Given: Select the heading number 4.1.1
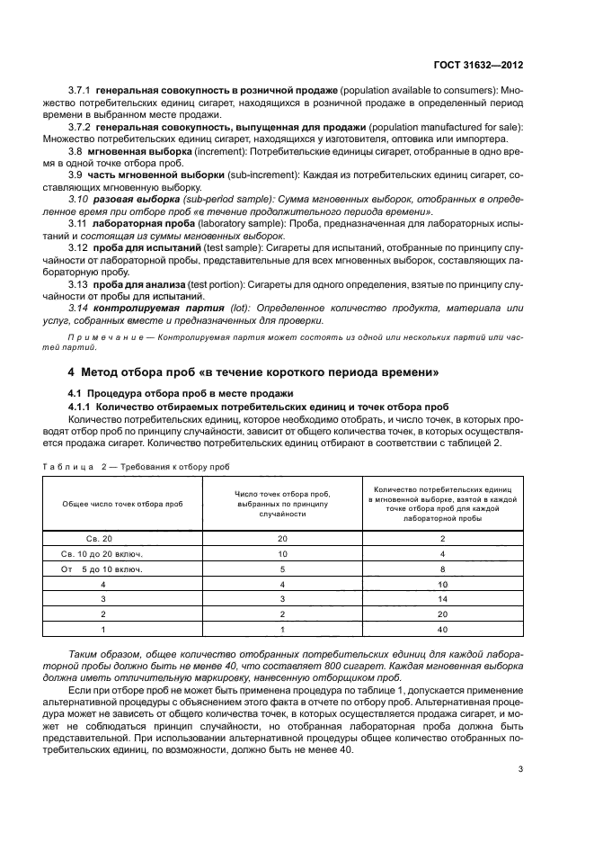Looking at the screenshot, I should point(82,406).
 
